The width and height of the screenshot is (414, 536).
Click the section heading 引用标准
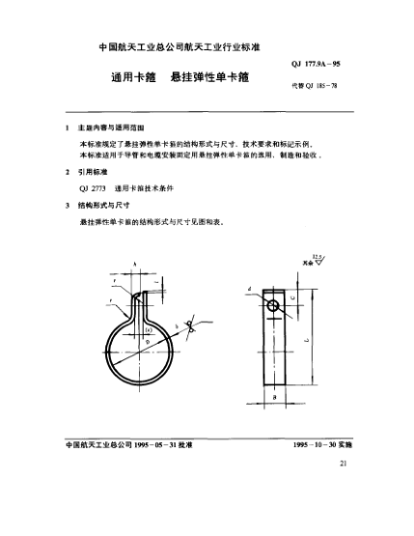[94, 172]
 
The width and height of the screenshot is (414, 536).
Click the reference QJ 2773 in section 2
[95, 188]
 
